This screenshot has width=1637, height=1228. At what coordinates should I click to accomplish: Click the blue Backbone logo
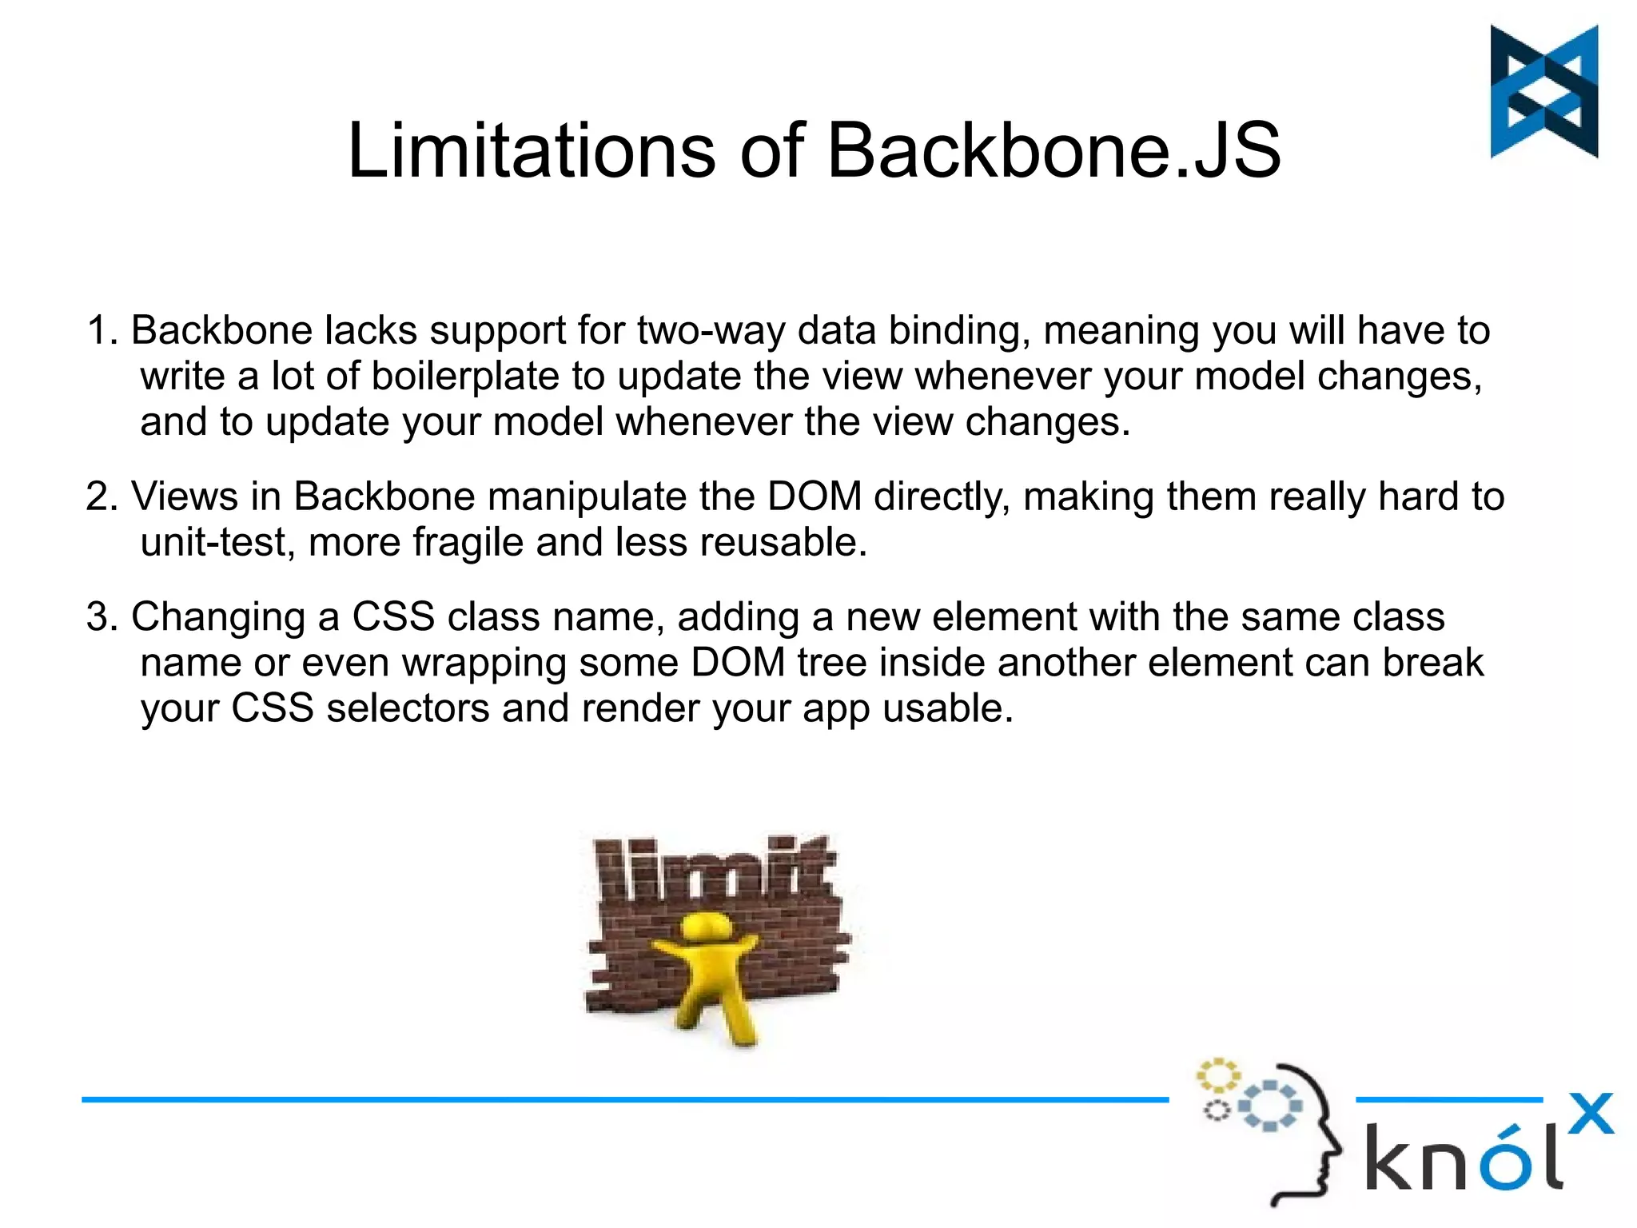1543,91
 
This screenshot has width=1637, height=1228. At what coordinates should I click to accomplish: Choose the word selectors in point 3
408,708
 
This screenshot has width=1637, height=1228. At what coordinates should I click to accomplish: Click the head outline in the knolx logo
1311,1135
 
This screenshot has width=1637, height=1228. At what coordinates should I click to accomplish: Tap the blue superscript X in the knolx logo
1590,1113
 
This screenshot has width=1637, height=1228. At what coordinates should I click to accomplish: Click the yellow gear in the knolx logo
1217,1075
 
